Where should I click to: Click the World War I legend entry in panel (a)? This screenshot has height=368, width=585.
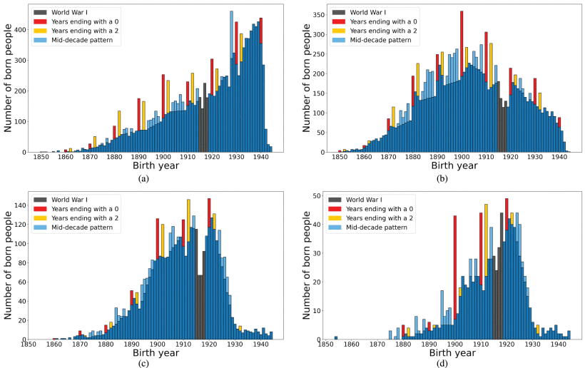click(63, 12)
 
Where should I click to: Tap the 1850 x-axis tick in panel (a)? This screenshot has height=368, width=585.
click(41, 158)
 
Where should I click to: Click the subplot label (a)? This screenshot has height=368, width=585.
click(143, 178)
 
